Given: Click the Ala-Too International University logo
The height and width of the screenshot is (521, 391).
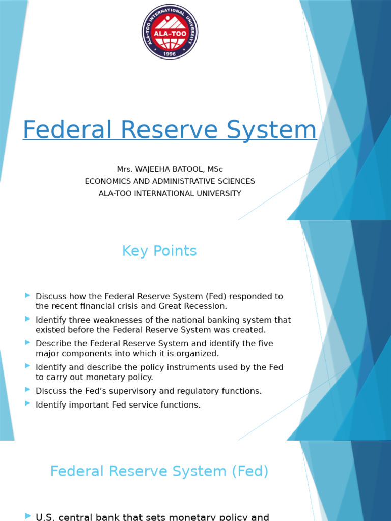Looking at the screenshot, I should click(x=170, y=32).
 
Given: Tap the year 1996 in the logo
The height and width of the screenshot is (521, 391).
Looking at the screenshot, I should click(x=170, y=53).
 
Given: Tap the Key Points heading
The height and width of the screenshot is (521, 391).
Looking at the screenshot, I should click(x=159, y=251).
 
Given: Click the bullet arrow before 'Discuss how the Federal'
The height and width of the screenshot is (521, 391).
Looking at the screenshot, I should click(x=27, y=295).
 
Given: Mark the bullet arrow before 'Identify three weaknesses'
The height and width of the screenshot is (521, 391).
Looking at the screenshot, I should click(x=27, y=319).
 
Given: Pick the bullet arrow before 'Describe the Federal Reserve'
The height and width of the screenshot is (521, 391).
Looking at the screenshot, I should click(x=27, y=343).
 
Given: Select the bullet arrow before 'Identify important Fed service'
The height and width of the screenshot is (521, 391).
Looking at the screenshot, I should click(x=27, y=403).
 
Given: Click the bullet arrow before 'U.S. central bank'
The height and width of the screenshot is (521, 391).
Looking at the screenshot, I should click(x=27, y=516).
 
